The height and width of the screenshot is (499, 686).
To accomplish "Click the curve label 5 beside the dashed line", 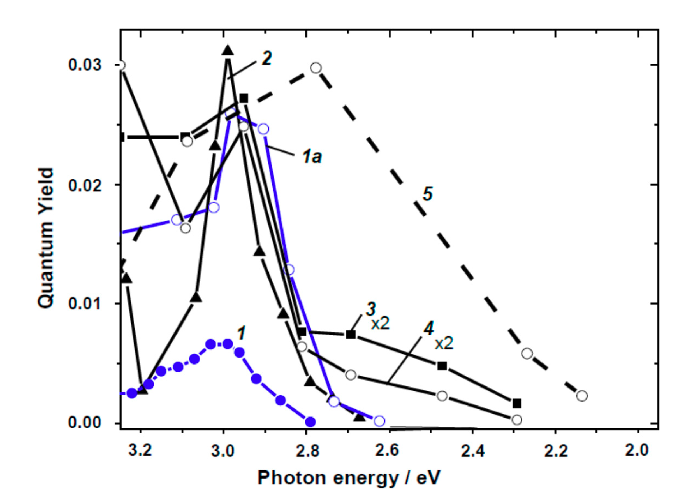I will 428,194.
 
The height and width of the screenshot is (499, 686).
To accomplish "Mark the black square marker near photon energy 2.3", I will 517,403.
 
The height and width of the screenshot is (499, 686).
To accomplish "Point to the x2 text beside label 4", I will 444,344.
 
